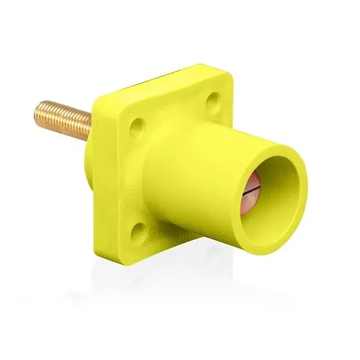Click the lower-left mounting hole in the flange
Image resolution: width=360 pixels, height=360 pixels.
139,229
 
